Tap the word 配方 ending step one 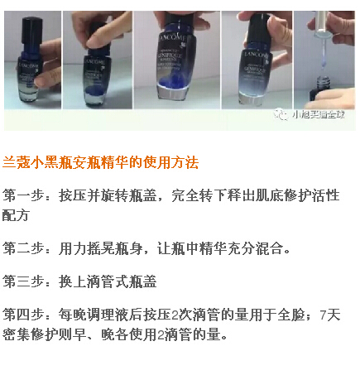point(17,215)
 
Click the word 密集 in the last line point(17,334)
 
